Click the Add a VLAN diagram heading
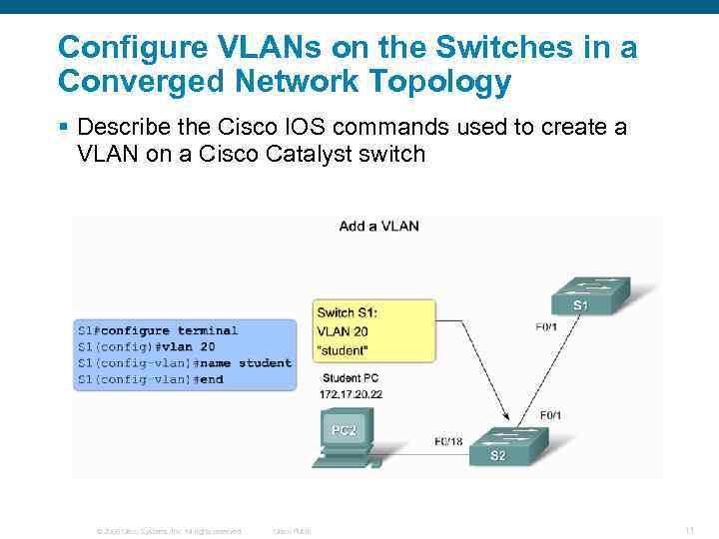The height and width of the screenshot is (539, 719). point(378,226)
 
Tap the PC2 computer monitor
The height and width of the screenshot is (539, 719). point(344,430)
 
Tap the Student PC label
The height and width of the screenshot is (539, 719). point(351,379)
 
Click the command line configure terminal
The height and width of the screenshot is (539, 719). point(158,330)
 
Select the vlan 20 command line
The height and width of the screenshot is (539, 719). point(146,346)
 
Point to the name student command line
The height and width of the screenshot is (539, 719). point(185,362)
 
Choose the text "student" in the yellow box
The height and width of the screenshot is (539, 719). point(344,350)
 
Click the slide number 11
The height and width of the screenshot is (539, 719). point(689,529)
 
